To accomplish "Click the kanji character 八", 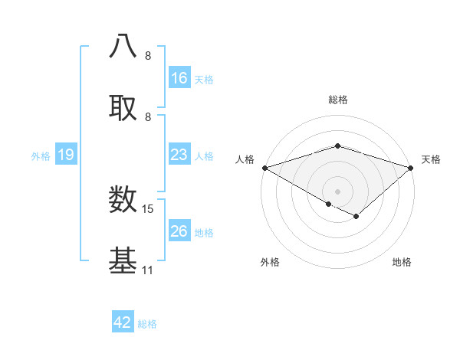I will [123, 47].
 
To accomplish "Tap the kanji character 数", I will [123, 199].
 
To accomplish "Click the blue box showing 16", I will [179, 77].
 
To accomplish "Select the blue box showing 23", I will [179, 155].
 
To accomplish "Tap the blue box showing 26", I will [179, 231].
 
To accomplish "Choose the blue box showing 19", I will [66, 155].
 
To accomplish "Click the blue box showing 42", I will [123, 322].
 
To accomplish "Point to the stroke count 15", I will [148, 208].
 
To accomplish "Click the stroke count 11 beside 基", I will [147, 270].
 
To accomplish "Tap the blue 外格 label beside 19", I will [41, 155].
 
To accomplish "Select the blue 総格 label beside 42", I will [147, 324].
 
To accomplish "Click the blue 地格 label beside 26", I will [204, 232].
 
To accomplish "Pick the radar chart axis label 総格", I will [338, 100].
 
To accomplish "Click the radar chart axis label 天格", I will [431, 159].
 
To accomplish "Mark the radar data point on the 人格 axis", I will [264, 167].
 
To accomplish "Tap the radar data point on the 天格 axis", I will [411, 167].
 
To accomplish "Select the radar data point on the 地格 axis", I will [356, 217].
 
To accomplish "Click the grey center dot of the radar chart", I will [338, 191].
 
